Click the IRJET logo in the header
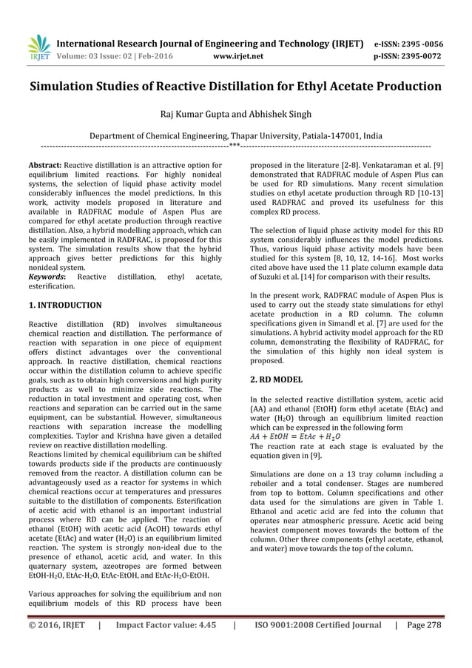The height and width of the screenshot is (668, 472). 38,47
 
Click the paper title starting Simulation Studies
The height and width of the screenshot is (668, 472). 235,87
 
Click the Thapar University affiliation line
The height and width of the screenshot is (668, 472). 235,136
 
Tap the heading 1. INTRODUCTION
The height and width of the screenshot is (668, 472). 65,305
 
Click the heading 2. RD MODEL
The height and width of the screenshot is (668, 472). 277,379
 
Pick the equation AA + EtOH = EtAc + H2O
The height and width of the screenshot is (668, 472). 295,436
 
